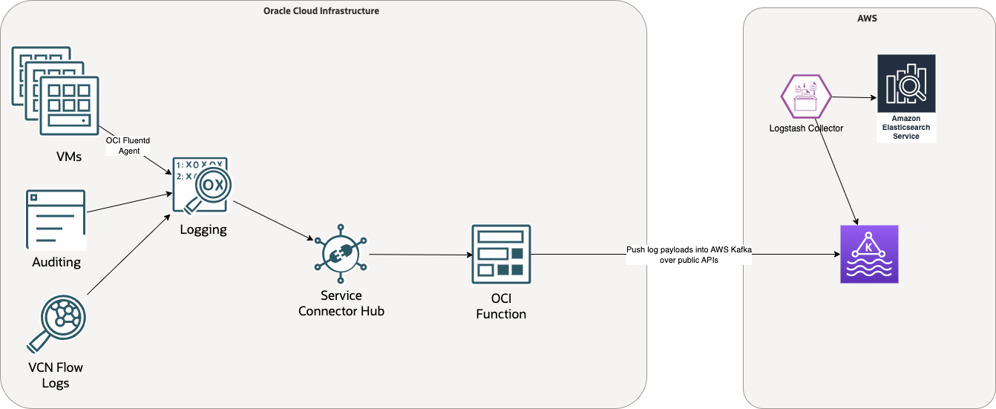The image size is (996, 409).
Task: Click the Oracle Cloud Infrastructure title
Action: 321,11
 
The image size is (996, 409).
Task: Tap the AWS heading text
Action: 867,18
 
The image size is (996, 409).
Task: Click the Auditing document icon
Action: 56,220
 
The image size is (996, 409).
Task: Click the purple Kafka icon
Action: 868,254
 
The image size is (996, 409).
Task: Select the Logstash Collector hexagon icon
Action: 805,96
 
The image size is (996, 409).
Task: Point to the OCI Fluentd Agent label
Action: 124,145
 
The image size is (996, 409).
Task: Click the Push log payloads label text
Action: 689,255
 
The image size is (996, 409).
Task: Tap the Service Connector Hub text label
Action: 341,304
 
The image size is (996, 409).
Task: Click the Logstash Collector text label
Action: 806,128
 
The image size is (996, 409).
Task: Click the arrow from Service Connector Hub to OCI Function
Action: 421,255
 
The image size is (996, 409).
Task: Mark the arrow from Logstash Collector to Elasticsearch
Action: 854,97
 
